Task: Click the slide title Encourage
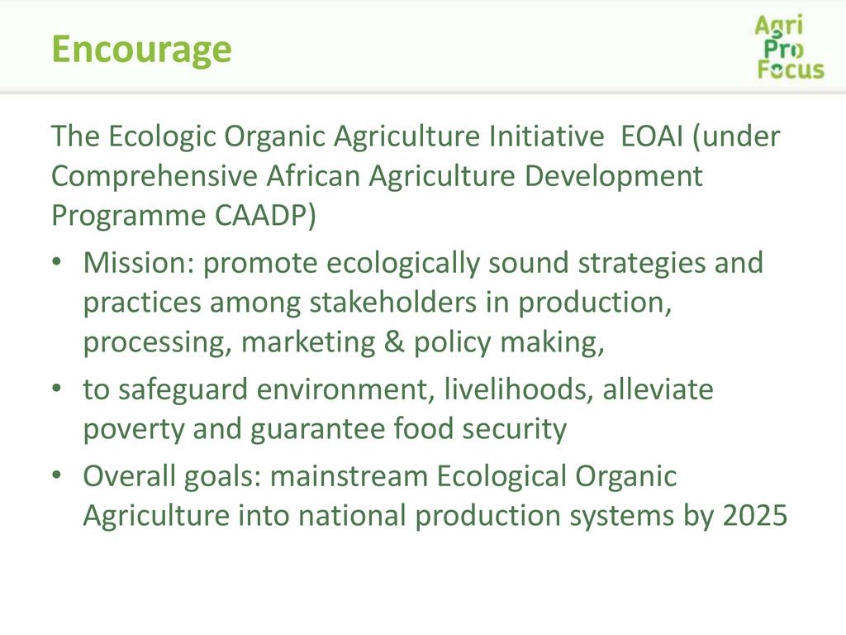[141, 50]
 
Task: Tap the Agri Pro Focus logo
[790, 47]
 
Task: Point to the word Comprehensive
[154, 177]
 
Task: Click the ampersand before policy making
[394, 342]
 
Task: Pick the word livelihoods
[519, 390]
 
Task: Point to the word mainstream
[349, 477]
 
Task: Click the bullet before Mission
[57, 262]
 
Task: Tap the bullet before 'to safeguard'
[57, 389]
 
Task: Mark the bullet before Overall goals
[57, 475]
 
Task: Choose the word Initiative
[546, 136]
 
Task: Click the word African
[313, 176]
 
